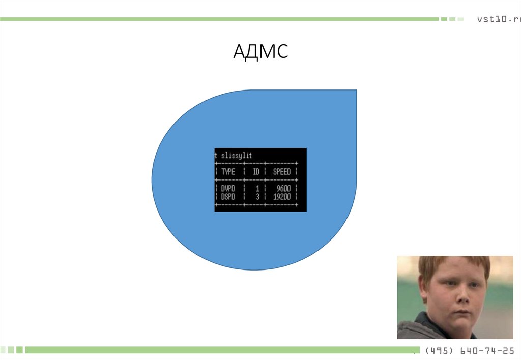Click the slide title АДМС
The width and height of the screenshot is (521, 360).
pyautogui.click(x=260, y=52)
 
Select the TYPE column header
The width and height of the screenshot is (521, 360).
pyautogui.click(x=228, y=172)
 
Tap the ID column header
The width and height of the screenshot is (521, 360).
pyautogui.click(x=256, y=172)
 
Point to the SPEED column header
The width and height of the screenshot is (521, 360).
pyautogui.click(x=281, y=172)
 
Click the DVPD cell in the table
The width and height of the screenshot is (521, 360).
pyautogui.click(x=228, y=189)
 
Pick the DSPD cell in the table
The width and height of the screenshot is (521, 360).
pyautogui.click(x=228, y=196)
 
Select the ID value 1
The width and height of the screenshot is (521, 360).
pyautogui.click(x=257, y=189)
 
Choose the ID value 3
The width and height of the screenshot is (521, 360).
pyautogui.click(x=257, y=196)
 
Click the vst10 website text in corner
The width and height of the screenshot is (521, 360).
pyautogui.click(x=499, y=19)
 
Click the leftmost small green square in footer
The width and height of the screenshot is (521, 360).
pyautogui.click(x=3, y=350)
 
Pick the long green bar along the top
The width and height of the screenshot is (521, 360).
pyautogui.click(x=219, y=19)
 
